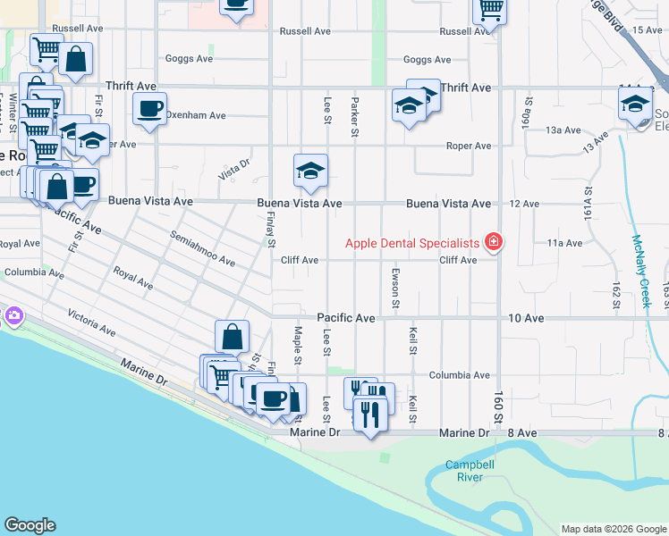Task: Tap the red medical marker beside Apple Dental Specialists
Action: click(x=492, y=242)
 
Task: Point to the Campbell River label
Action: click(x=464, y=471)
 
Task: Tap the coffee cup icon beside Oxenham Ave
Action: click(x=149, y=109)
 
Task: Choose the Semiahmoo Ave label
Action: click(x=202, y=249)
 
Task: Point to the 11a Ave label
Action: click(x=564, y=243)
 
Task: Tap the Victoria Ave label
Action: click(x=91, y=322)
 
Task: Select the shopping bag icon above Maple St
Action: click(x=232, y=337)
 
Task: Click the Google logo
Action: click(x=30, y=525)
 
